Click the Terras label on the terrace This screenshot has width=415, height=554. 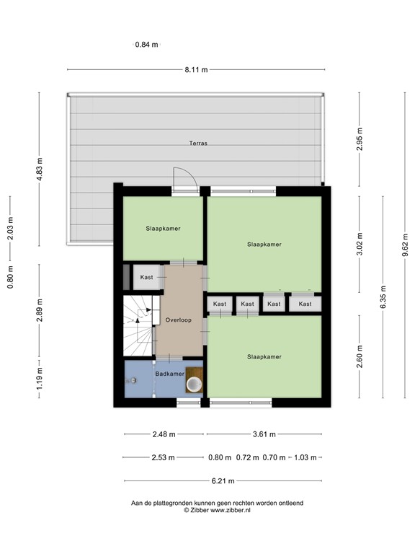pos(198,144)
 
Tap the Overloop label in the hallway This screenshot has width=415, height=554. pos(177,320)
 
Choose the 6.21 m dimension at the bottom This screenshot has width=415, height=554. pos(223,482)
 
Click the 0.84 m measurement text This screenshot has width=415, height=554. pos(146,45)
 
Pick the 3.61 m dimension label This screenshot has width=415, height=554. pos(264,434)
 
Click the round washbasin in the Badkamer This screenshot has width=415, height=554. pos(194,384)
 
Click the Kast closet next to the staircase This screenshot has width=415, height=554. pos(147,278)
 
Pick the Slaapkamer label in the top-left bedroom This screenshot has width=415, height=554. pos(163,228)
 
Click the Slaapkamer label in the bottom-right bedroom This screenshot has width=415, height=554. pos(264,356)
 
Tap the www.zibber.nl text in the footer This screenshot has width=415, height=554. pos(230,510)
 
